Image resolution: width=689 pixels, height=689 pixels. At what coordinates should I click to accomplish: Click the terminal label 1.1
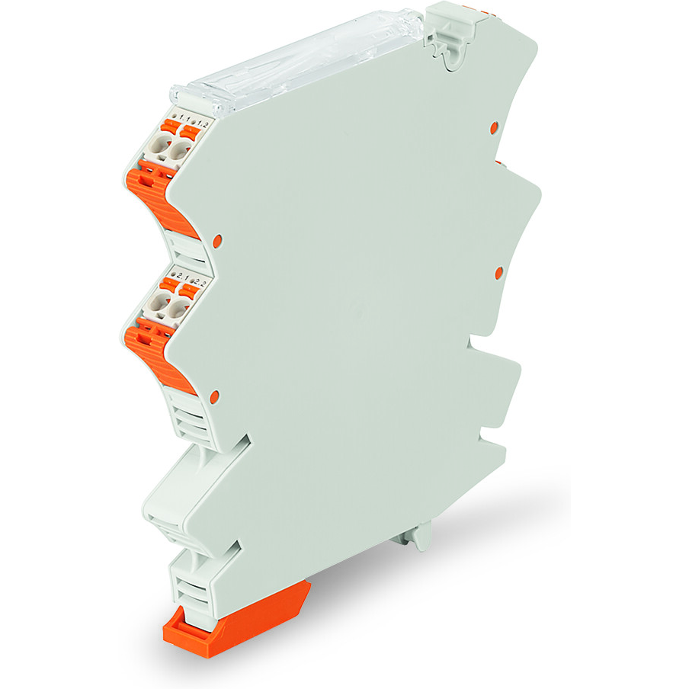pyautogui.click(x=184, y=119)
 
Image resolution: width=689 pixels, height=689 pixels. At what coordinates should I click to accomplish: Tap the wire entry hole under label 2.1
pyautogui.click(x=159, y=305)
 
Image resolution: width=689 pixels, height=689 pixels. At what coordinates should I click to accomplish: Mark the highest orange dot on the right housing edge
pyautogui.click(x=492, y=124)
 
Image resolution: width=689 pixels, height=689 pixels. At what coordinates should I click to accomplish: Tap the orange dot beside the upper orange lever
pyautogui.click(x=217, y=240)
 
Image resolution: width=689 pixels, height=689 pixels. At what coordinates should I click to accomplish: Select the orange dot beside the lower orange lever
pyautogui.click(x=214, y=396)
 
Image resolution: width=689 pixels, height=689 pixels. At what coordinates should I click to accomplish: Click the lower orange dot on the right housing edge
pyautogui.click(x=500, y=272)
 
